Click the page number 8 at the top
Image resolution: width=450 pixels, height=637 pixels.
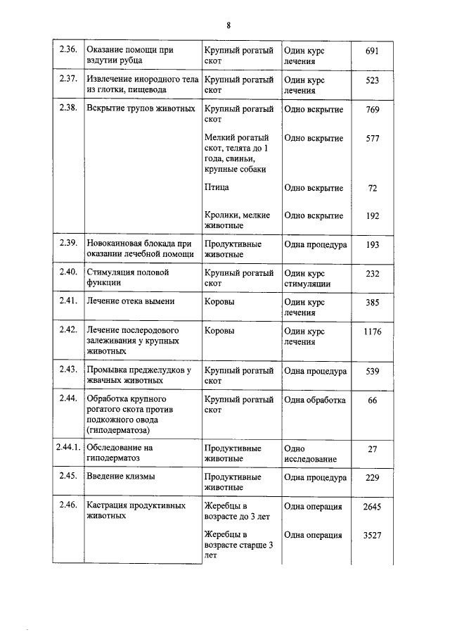coord(229,26)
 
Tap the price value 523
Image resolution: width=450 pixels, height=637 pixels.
coord(373,80)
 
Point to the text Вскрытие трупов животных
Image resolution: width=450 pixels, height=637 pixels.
coord(140,110)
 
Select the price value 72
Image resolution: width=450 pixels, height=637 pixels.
coord(373,188)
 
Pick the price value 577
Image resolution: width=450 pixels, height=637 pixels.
coord(373,139)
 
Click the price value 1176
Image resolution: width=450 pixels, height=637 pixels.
coord(373,331)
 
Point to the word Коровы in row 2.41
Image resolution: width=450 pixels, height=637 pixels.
coord(219,301)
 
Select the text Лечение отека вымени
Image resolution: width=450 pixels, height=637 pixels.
coord(130,301)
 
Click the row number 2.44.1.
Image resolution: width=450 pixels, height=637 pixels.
coord(70,448)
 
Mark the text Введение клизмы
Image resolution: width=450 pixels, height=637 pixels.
coord(120,477)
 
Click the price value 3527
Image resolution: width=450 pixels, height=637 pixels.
coord(372,535)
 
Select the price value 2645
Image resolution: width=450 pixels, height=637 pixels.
coord(372,506)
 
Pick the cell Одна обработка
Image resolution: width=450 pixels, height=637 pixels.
coord(314,400)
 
